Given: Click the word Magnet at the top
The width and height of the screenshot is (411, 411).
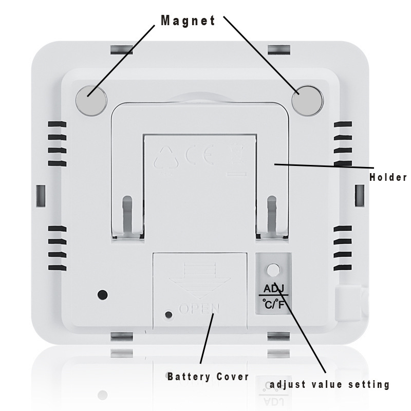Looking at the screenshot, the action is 188,21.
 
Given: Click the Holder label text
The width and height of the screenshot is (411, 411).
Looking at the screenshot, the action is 388,178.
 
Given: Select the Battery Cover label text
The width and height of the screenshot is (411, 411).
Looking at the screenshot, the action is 208,377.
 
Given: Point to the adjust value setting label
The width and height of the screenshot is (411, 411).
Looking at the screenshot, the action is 330,384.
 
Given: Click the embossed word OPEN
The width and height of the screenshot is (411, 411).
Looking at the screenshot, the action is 199,309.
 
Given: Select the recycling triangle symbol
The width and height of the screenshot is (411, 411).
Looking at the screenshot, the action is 166,157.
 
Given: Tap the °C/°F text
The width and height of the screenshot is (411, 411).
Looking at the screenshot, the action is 273,304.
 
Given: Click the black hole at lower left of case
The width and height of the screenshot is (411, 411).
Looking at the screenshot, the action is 103,295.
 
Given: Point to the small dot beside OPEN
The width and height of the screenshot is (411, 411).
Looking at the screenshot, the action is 168,314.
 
